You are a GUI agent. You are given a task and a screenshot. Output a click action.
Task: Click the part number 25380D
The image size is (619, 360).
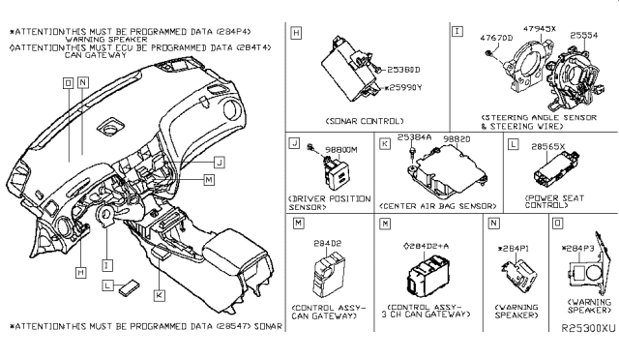[391, 71]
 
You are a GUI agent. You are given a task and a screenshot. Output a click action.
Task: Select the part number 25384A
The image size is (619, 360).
[414, 140]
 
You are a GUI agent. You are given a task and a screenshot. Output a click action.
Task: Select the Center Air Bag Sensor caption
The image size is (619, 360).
[440, 205]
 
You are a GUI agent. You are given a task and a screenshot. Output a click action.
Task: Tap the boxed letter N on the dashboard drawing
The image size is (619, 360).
[83, 83]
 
